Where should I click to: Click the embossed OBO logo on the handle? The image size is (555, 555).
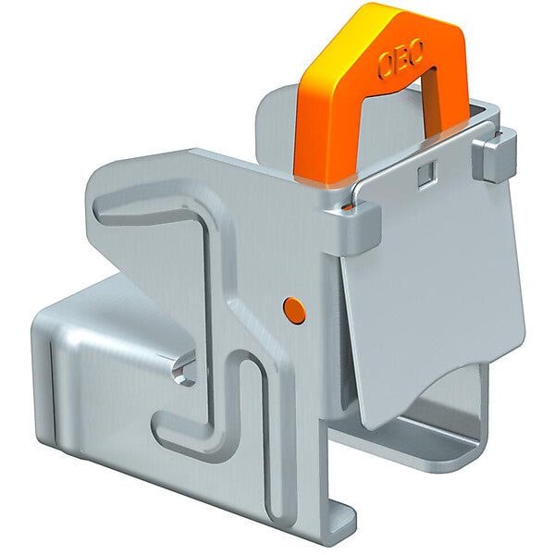(x=401, y=63)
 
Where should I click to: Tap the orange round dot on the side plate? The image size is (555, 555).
(x=295, y=311)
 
